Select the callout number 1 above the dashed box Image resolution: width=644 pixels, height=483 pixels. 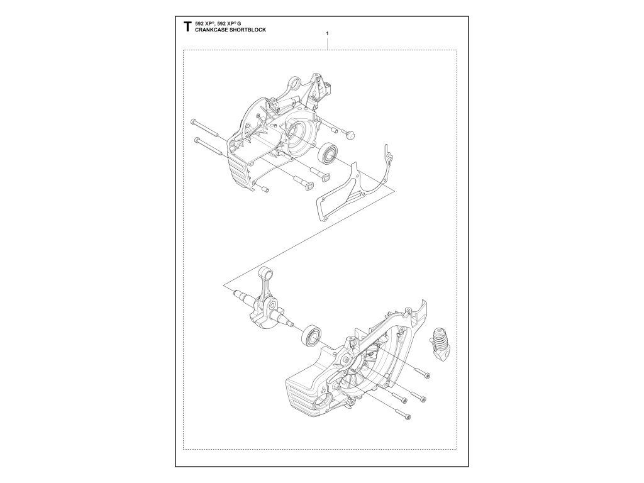[328, 33]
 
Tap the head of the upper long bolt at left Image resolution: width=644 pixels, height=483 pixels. [192, 120]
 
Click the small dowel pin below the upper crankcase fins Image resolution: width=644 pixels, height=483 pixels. [265, 188]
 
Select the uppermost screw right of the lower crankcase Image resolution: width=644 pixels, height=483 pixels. [427, 375]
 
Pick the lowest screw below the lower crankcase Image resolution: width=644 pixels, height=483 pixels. [408, 416]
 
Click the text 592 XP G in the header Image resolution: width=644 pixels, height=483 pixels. [233, 23]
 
